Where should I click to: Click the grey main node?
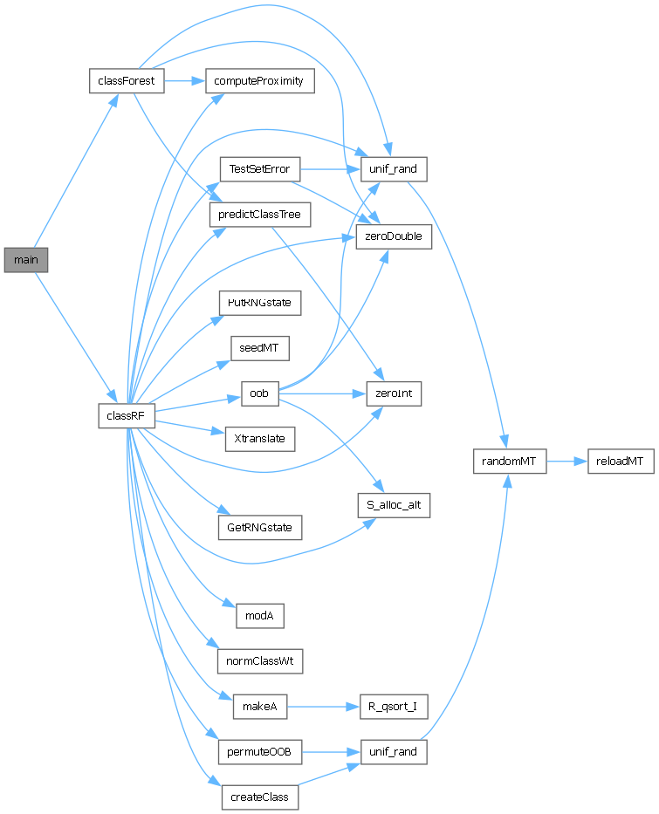(26, 260)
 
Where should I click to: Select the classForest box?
(127, 81)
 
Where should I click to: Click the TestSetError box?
(259, 168)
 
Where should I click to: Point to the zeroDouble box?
(394, 236)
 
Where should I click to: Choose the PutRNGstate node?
(259, 303)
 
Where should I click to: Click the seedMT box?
(259, 347)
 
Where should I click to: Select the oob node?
(259, 394)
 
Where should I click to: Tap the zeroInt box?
(394, 394)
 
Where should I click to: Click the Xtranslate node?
(259, 439)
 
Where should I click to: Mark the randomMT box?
(509, 461)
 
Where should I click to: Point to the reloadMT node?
(620, 461)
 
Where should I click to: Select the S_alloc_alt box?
(394, 504)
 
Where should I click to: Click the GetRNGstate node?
(259, 527)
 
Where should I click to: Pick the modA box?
(259, 616)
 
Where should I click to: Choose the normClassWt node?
(259, 660)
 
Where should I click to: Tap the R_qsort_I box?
(394, 707)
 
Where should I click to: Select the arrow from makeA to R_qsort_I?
(322, 707)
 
